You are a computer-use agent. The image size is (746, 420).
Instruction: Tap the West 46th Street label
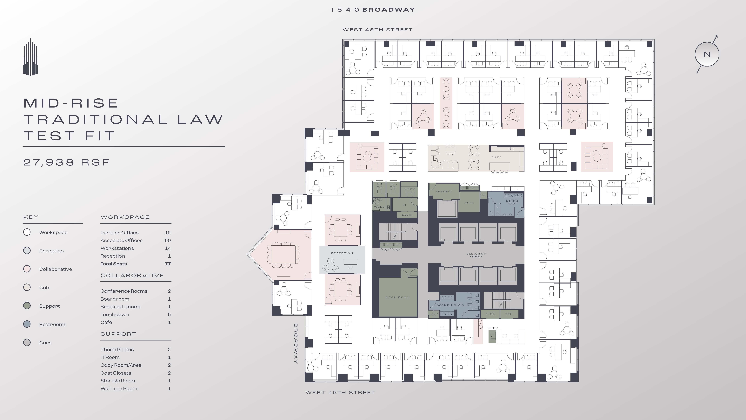(377, 30)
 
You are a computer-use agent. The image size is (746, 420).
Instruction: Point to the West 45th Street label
(340, 392)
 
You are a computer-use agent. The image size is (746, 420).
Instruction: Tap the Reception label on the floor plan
(342, 253)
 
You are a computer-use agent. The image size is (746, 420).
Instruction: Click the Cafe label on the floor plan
(496, 157)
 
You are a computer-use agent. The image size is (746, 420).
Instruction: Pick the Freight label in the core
(444, 192)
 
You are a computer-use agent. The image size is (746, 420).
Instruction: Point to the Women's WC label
(451, 305)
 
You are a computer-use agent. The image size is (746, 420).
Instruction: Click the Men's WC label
(512, 202)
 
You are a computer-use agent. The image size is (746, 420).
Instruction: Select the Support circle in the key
(27, 306)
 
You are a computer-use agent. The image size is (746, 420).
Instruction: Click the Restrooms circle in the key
(27, 324)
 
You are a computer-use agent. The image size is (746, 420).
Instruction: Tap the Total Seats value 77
(168, 264)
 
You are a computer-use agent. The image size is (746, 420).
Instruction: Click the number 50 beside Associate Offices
(168, 240)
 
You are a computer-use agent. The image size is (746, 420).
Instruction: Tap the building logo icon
(30, 57)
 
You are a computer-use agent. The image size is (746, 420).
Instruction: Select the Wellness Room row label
(119, 388)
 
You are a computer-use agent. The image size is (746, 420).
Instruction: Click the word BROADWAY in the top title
(389, 10)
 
